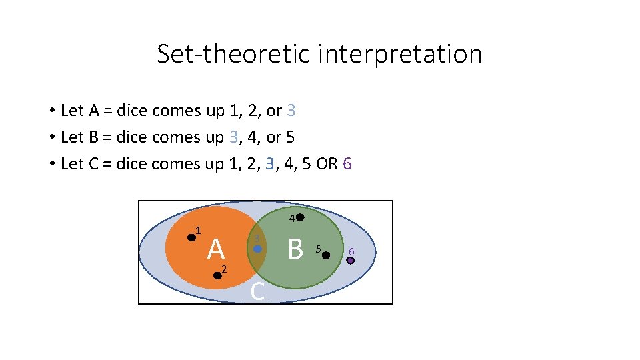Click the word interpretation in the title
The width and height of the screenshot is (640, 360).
click(399, 54)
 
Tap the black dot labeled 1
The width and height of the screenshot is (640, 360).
click(191, 237)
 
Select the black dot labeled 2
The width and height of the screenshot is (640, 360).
click(217, 275)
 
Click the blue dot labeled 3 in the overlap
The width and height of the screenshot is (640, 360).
click(258, 249)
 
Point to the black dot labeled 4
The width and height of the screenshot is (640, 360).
click(300, 217)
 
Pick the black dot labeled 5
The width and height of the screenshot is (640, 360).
click(326, 255)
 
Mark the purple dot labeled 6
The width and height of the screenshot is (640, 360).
click(350, 261)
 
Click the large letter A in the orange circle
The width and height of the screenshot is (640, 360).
click(215, 249)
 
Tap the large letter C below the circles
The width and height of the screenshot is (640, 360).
click(258, 291)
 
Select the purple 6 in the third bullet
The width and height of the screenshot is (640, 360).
click(345, 164)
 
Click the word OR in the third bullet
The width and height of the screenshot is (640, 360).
click(327, 164)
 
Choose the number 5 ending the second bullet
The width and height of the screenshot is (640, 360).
click(290, 137)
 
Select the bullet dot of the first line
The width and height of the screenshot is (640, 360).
click(51, 111)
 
